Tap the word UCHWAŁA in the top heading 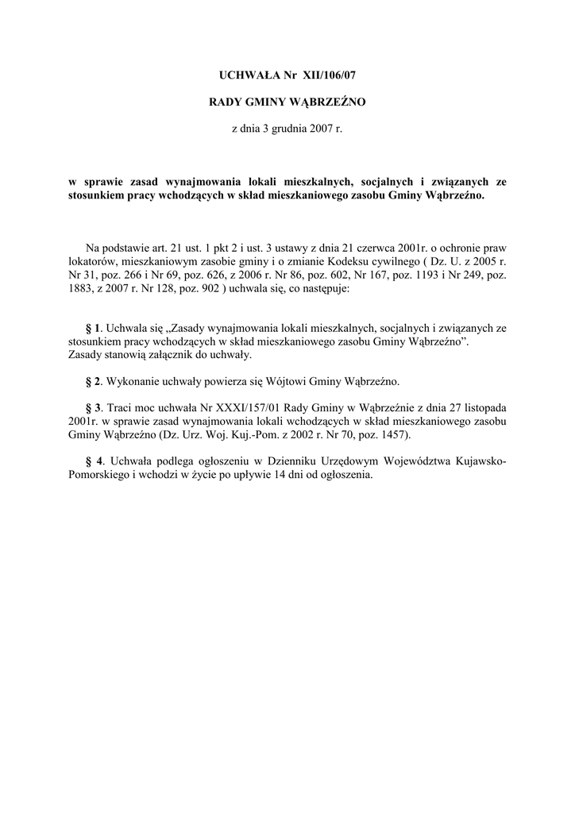point(245,75)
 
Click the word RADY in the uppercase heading point(226,102)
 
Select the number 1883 point(82,290)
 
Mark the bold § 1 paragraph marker point(94,327)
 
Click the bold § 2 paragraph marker point(94,380)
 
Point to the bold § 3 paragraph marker point(94,406)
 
